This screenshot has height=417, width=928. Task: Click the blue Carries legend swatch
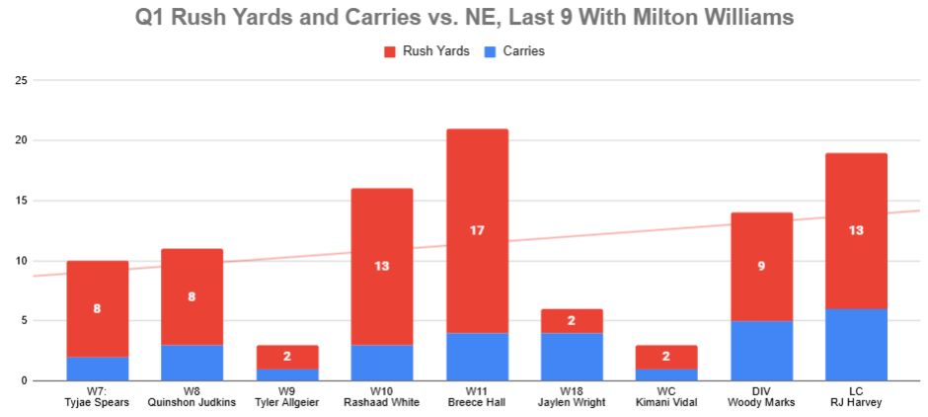click(x=489, y=51)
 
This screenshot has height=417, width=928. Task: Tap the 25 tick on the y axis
click(x=20, y=80)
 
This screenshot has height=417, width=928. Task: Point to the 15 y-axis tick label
click(x=20, y=201)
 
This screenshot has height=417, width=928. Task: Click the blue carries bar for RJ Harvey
click(x=856, y=345)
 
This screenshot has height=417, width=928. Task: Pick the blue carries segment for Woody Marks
click(x=761, y=351)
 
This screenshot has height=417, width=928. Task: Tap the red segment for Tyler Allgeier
click(x=287, y=357)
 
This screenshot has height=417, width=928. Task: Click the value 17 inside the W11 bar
click(x=477, y=230)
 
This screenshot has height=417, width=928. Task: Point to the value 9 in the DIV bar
click(x=761, y=267)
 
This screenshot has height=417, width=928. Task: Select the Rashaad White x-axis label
click(x=382, y=403)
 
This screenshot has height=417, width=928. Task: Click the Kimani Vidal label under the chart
click(x=666, y=403)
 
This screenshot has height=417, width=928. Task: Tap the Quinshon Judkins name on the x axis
click(x=193, y=403)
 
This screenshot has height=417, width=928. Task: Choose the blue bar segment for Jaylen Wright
click(x=572, y=357)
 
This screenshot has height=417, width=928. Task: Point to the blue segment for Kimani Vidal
click(x=666, y=375)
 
